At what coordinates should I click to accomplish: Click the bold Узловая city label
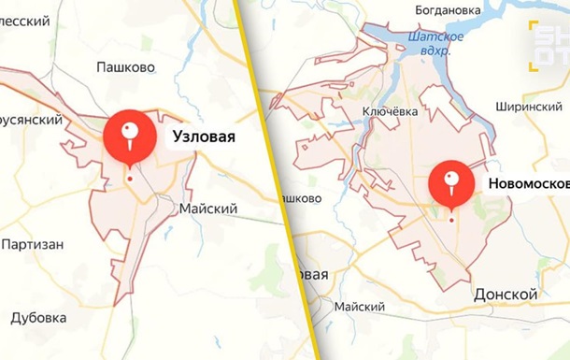pos(203,137)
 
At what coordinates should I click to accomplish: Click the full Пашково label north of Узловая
pos(126,66)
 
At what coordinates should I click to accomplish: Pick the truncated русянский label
pos(31,120)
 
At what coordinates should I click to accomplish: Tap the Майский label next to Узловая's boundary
pos(207,209)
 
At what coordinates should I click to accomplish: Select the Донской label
pos(506,295)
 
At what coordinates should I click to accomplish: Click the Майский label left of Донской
pos(359,307)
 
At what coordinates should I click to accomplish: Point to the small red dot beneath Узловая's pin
pos(130,179)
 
